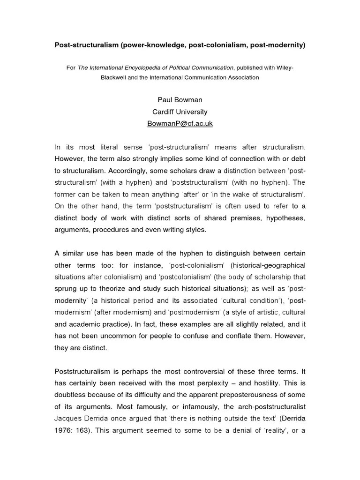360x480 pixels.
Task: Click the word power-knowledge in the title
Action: [x=155, y=45]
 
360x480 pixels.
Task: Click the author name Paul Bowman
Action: [x=180, y=100]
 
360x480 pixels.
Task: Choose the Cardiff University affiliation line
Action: [x=180, y=112]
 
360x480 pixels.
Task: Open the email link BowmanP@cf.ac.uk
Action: [x=180, y=124]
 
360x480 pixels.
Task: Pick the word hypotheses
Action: [x=285, y=218]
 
